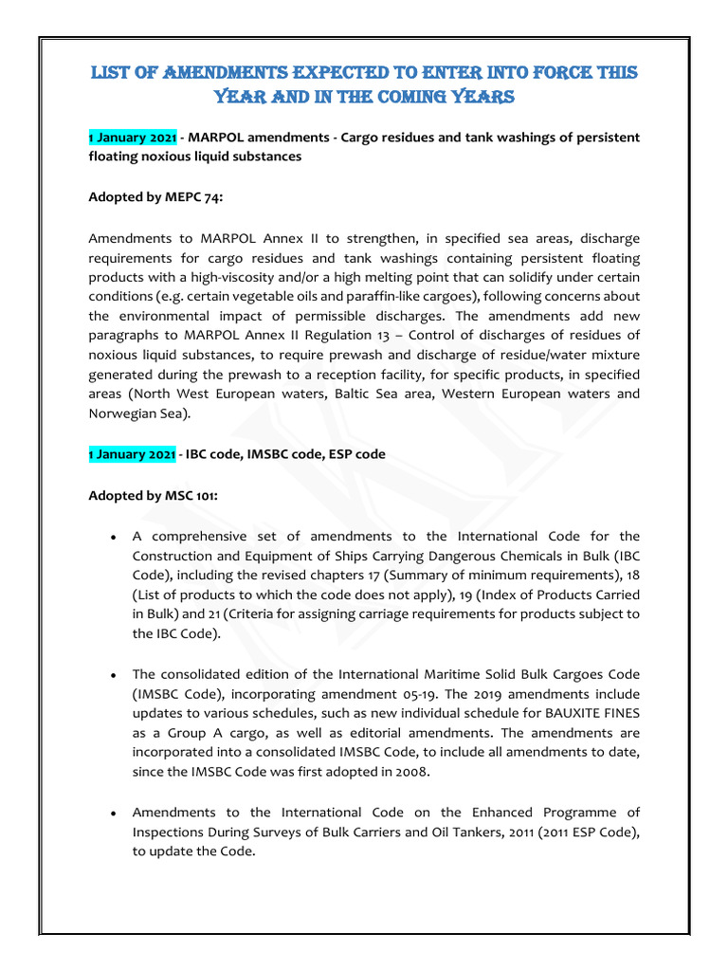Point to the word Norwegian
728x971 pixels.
tap(127, 413)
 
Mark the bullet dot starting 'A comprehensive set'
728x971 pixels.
tap(113, 537)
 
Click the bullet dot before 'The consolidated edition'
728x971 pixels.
tap(113, 675)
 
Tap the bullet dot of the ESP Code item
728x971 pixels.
tap(113, 814)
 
